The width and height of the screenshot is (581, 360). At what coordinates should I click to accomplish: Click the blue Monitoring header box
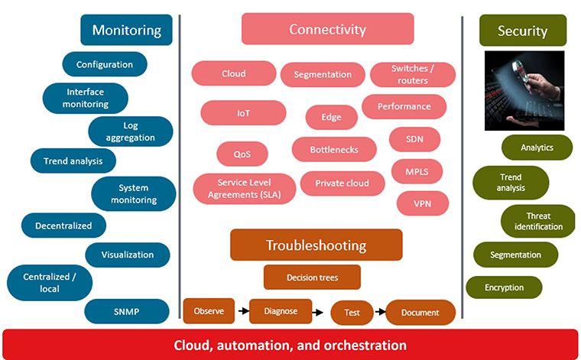(126, 31)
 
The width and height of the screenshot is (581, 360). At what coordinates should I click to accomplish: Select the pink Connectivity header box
(327, 30)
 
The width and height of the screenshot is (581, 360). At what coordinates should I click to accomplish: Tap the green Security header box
(522, 31)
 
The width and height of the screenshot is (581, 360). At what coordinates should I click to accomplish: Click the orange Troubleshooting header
(316, 245)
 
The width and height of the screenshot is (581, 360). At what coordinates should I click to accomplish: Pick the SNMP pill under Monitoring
(126, 311)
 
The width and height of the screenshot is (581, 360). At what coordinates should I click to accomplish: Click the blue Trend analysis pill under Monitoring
(73, 161)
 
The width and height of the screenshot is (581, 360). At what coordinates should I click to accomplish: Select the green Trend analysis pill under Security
(511, 182)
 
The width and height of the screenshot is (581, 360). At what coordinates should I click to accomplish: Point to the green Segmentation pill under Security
(514, 255)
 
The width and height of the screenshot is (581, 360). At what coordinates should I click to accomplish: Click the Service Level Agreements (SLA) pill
(244, 189)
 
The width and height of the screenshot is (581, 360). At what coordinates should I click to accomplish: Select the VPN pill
(422, 203)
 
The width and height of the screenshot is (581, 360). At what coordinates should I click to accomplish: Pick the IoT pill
(243, 113)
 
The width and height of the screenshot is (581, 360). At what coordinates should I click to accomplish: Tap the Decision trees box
(311, 277)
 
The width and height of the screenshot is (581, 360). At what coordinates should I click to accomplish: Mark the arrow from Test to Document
(378, 312)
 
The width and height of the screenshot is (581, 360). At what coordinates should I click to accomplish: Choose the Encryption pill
(504, 287)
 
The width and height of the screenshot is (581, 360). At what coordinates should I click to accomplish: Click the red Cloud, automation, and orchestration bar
(290, 345)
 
